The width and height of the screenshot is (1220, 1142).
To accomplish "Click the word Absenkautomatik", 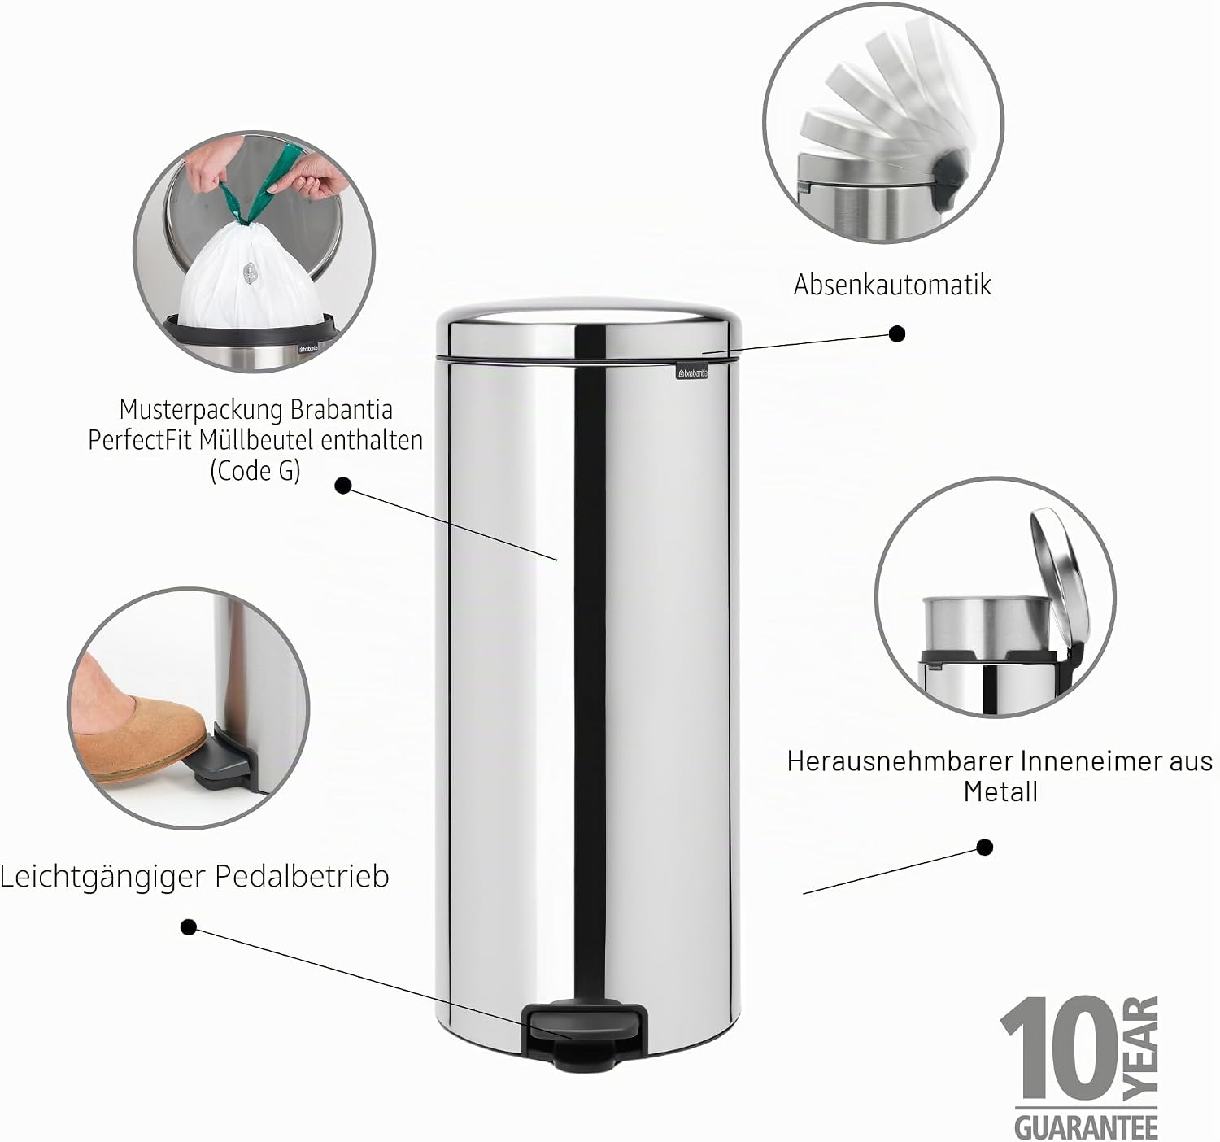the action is [892, 285].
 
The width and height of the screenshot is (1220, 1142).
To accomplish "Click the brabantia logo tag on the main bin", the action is [692, 373].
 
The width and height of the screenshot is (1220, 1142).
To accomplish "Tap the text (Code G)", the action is [255, 471].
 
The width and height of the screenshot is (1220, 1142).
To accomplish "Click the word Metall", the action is [1000, 791].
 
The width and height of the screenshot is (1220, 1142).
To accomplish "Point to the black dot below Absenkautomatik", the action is [897, 334].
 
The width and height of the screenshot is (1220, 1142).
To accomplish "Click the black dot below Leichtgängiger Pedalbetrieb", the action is [189, 927].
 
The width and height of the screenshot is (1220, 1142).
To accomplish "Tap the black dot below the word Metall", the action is [984, 848].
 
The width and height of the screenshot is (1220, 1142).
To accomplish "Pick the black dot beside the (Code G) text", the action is [342, 486].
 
